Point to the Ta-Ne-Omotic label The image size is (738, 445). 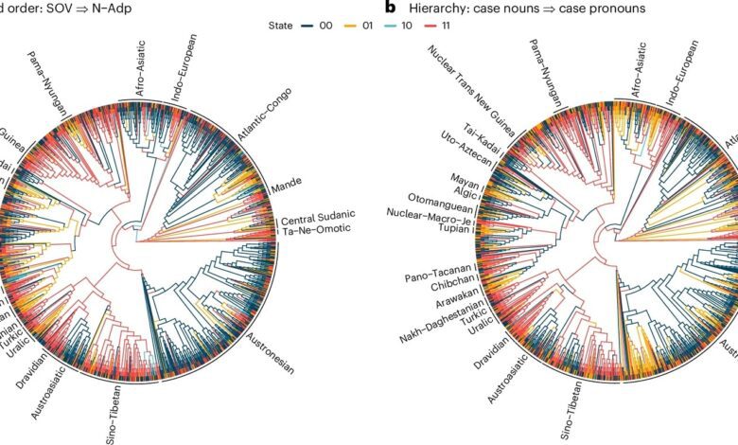317,230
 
